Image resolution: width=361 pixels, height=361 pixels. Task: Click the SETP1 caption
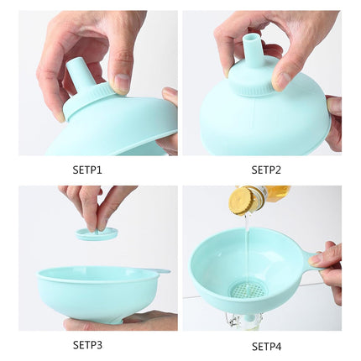[x=87, y=169]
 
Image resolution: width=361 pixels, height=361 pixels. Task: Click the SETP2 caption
[x=268, y=169]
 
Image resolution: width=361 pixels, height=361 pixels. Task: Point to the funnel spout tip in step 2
[x=251, y=40]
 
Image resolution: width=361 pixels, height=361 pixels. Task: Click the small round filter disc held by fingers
[x=97, y=234]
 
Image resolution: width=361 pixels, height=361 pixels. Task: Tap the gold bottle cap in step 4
[x=244, y=199]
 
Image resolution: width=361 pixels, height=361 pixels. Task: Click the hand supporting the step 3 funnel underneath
[x=126, y=320]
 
